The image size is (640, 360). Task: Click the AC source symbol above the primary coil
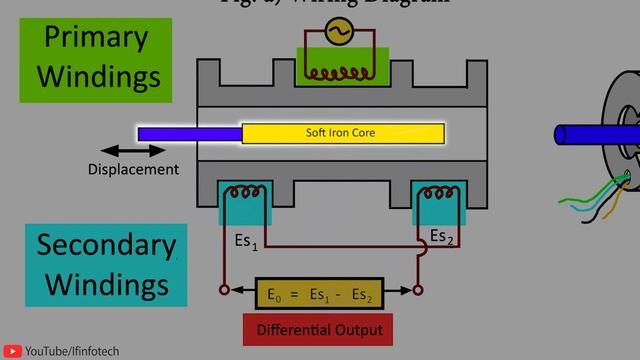[x=336, y=33]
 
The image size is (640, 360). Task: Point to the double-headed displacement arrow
[x=133, y=151]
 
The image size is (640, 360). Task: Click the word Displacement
[x=133, y=169]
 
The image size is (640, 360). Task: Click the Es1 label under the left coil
[x=246, y=242]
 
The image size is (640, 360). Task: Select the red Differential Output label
[x=318, y=329]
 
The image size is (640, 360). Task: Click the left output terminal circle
[x=224, y=291]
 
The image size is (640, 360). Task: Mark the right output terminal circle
[x=418, y=291]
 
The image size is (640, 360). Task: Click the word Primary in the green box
[x=96, y=38]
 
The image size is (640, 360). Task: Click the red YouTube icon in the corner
[x=13, y=351]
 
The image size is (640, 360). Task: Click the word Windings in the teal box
[x=106, y=284]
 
